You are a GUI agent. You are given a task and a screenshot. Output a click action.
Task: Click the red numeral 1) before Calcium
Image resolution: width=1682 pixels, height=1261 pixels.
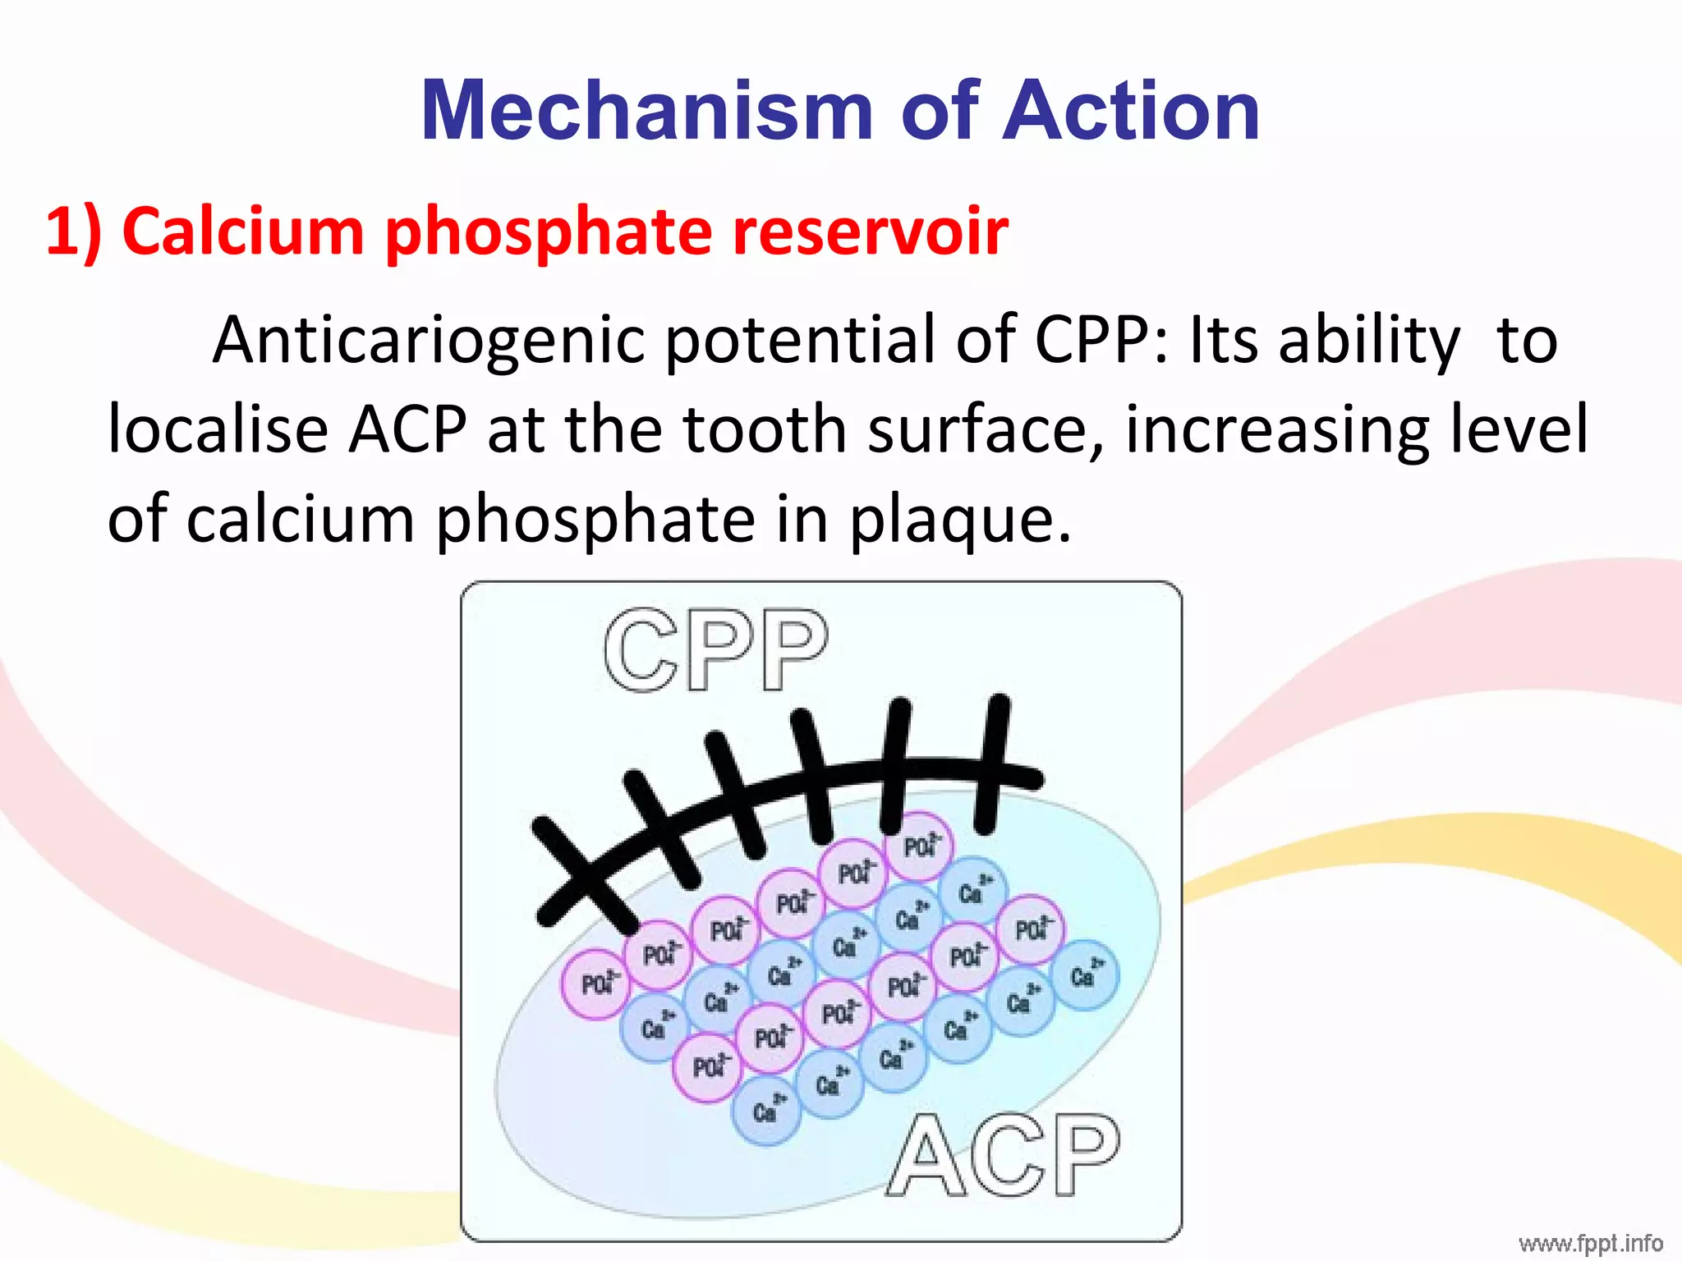pos(74,232)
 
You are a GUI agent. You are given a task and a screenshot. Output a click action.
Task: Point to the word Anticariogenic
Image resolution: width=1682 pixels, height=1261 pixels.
pos(428,341)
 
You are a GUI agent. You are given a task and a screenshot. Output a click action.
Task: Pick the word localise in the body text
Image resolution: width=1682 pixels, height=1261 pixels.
pos(218,429)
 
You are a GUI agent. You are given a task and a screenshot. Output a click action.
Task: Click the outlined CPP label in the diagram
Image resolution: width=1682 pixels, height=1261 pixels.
pos(715,651)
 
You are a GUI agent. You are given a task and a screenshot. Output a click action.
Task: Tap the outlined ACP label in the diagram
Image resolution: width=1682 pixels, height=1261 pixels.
pos(1003,1156)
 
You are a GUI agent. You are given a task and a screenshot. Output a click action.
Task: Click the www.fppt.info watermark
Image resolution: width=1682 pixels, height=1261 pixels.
pos(1590,1244)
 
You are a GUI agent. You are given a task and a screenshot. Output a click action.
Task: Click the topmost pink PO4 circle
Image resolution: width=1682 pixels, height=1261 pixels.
pos(919,845)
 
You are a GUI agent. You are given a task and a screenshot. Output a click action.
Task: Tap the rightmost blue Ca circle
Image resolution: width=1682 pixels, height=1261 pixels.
pos(1085,975)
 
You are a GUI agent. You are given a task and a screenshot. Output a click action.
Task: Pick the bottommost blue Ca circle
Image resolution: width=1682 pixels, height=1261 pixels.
pos(765,1111)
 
